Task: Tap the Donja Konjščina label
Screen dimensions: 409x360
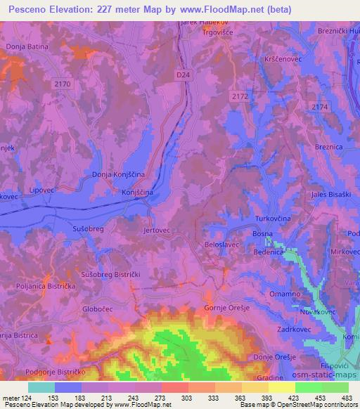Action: [x=118, y=174]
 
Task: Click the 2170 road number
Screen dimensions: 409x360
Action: [x=63, y=84]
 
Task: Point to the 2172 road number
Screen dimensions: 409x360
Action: [x=240, y=96]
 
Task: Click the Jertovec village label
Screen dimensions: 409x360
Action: [x=157, y=230]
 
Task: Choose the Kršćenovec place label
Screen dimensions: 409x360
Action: [x=281, y=60]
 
